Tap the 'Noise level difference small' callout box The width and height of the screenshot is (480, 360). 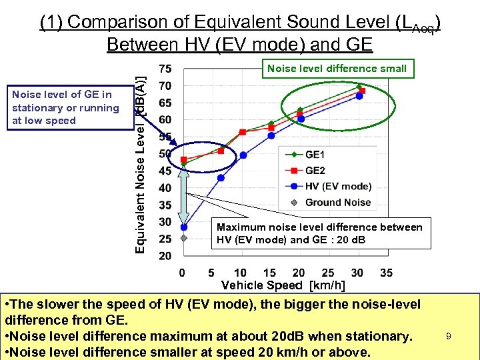coord(337,68)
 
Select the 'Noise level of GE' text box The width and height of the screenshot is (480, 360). coord(65,108)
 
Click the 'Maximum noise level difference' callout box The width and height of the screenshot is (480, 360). coord(319,233)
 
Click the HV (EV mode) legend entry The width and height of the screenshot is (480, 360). coord(327,186)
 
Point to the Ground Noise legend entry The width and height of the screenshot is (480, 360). coord(327,202)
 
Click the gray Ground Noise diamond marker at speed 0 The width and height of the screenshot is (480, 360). coord(183,238)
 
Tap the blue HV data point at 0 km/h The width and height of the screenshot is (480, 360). coord(183,227)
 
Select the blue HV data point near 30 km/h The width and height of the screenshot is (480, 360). coord(359,96)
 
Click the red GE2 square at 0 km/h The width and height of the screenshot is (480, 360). coord(184,160)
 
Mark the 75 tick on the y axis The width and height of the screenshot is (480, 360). coord(165,69)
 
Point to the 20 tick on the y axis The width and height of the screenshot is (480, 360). coord(165,256)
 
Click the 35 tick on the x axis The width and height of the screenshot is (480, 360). coord(386,273)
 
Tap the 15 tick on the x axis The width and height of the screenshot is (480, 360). coord(269,273)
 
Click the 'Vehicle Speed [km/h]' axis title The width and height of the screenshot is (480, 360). coord(283,285)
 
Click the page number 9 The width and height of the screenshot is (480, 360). coord(449,337)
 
